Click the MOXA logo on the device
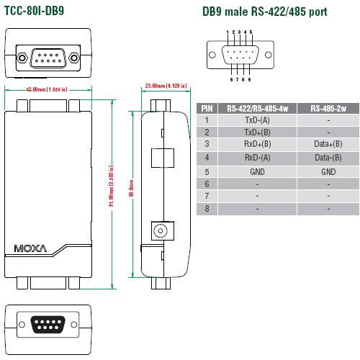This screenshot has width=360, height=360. pos(30,248)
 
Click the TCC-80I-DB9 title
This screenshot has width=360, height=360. pos(35,11)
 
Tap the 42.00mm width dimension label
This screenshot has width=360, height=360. pos(47,89)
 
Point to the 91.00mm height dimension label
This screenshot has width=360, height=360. pos(111,186)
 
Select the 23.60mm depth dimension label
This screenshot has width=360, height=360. pos(166,86)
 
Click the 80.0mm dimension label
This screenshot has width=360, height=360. pos(132,188)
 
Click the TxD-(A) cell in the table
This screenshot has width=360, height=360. pos(257,120)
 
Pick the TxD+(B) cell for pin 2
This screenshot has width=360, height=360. pos(257,132)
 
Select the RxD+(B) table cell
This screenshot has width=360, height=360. pos(257,144)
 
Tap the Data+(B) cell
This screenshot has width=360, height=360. pos(328,144)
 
